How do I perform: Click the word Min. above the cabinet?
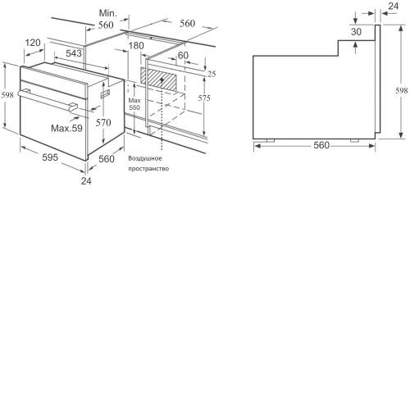click(107, 13)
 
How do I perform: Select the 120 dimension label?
click(33, 43)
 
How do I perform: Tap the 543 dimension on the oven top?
click(74, 53)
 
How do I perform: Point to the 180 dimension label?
click(136, 45)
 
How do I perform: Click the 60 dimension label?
click(183, 56)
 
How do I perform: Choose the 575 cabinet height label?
click(204, 98)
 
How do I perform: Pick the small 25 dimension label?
click(212, 74)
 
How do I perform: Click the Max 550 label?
click(134, 104)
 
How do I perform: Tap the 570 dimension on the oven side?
click(103, 122)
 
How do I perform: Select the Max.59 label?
click(66, 128)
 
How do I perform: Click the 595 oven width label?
click(50, 157)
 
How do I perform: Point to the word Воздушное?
click(145, 158)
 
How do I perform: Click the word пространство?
click(148, 169)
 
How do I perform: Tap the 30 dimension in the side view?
click(356, 32)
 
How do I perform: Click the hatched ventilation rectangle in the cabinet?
click(158, 80)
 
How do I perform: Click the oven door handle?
click(48, 100)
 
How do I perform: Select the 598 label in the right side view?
click(402, 90)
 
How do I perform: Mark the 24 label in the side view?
click(393, 6)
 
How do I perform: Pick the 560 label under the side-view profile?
click(321, 145)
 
